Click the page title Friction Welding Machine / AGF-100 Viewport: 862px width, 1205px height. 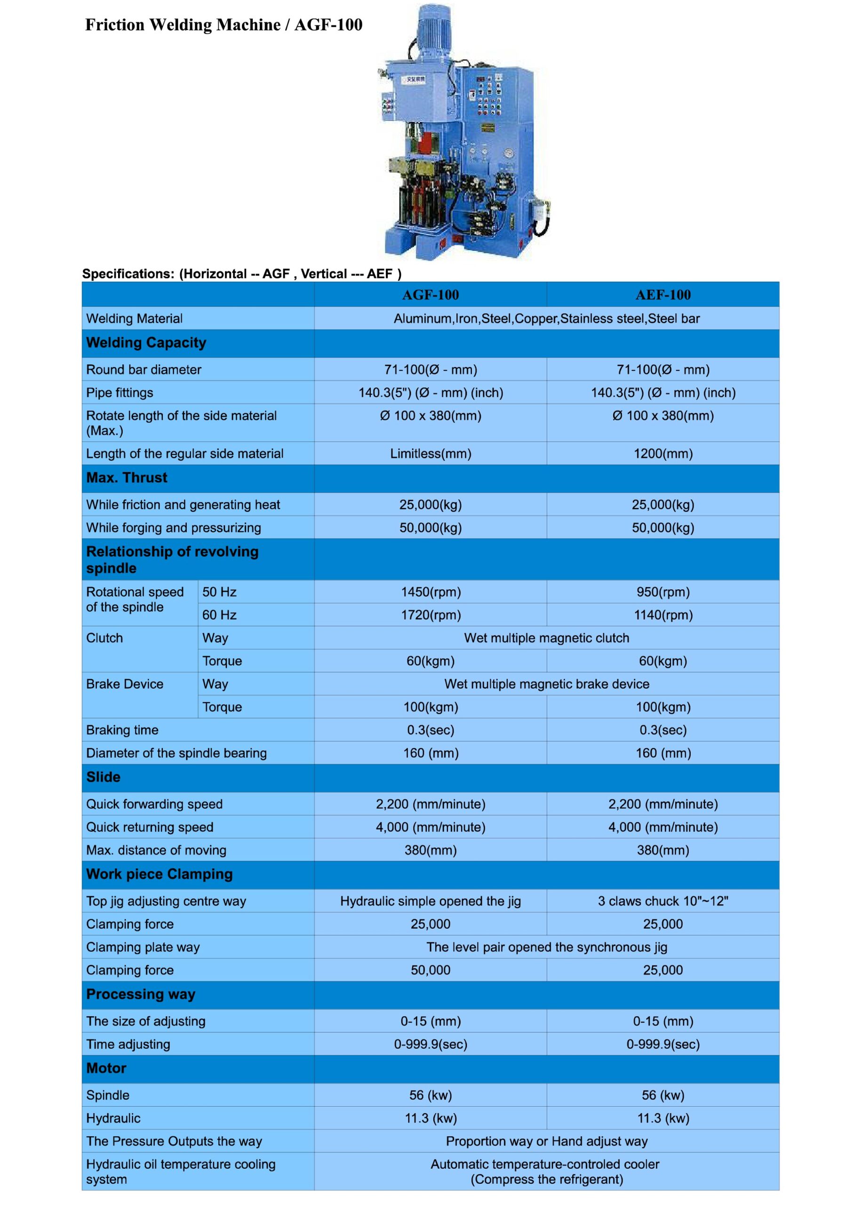(x=223, y=25)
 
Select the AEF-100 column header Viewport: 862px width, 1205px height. (x=662, y=295)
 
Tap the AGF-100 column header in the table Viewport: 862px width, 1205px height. (x=430, y=295)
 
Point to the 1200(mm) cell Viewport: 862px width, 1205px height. (x=662, y=453)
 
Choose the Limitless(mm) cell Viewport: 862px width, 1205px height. (x=430, y=453)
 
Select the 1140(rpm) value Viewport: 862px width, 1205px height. (x=662, y=615)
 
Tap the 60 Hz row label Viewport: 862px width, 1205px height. (x=219, y=615)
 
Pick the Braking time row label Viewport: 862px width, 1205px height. (x=122, y=730)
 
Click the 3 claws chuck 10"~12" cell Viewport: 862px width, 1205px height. (x=662, y=901)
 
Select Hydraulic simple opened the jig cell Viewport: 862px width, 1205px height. (x=430, y=901)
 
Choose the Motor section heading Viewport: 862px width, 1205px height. (x=106, y=1068)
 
